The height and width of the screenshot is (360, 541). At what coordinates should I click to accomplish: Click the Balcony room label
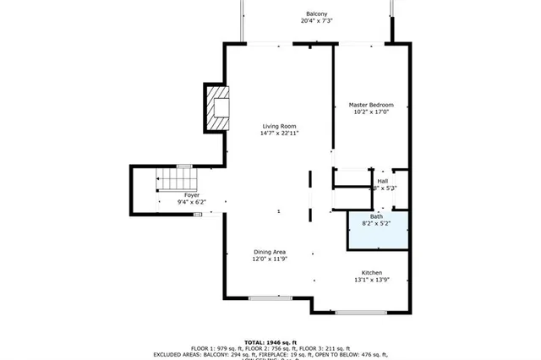[x=317, y=14]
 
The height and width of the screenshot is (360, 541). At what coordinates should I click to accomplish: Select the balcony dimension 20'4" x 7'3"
[x=317, y=21]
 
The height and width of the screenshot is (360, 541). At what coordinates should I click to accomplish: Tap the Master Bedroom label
[x=372, y=105]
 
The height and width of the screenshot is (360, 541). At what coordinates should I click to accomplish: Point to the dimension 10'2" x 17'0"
[x=372, y=112]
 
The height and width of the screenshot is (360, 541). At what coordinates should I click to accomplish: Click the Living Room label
[x=279, y=126]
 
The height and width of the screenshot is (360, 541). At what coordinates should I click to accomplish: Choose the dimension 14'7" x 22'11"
[x=279, y=134]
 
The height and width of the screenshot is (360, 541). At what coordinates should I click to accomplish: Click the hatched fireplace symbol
[x=217, y=107]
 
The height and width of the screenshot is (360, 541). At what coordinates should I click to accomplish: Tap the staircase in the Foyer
[x=178, y=180]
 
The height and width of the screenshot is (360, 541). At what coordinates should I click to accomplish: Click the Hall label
[x=383, y=181]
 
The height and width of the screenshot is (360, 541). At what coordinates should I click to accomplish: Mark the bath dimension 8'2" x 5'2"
[x=376, y=225]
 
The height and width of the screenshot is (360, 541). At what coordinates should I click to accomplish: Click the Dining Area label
[x=269, y=252]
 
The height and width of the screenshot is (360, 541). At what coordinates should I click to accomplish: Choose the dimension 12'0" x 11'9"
[x=269, y=259]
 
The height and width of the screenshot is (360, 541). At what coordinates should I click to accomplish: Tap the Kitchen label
[x=373, y=272]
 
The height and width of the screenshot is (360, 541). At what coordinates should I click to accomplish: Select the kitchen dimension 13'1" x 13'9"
[x=373, y=280]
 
